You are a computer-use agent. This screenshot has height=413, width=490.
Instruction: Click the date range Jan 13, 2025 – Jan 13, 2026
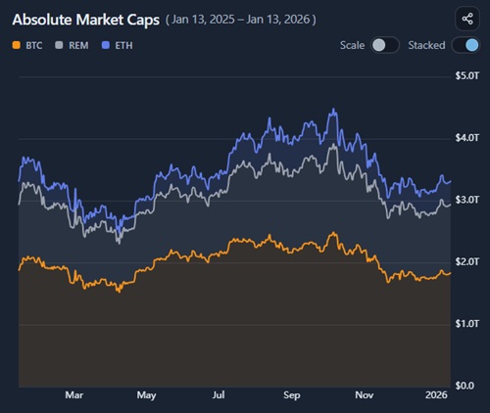255,20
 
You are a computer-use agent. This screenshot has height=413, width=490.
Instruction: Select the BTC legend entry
30,46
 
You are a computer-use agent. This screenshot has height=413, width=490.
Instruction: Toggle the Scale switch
385,45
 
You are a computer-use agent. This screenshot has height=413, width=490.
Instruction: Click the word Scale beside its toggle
353,45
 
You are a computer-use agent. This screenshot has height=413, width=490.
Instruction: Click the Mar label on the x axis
74,396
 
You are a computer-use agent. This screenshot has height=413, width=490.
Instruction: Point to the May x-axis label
147,396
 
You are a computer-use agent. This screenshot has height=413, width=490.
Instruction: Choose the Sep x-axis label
292,396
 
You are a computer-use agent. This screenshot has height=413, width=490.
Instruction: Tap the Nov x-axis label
365,396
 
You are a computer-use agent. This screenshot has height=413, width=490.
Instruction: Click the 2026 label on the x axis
436,396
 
